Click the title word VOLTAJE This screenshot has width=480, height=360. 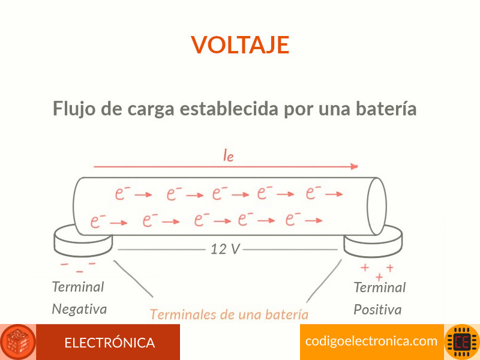coord(240,44)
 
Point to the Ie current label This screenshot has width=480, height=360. coord(229,155)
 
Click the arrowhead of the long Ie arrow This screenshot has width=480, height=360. coord(355,167)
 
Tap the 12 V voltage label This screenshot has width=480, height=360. coord(225,249)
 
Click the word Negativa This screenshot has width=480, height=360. coord(79,309)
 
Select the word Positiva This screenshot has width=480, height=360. coord(377,310)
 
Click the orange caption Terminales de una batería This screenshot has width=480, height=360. coord(229,314)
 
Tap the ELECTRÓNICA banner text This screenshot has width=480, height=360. coord(110,343)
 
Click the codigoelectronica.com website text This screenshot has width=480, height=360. coord(371,341)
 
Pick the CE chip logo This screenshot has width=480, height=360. coord(461,342)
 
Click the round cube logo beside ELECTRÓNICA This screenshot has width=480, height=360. coord(18,342)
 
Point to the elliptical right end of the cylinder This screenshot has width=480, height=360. coord(385,206)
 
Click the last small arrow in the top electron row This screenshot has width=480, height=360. coord(334,194)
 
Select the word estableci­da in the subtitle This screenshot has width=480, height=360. coord(229,109)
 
